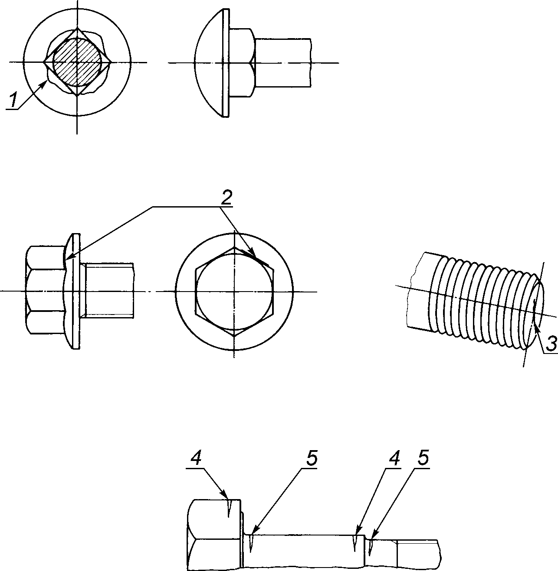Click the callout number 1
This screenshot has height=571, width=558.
click(x=13, y=100)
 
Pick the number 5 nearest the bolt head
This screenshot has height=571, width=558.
click(x=312, y=457)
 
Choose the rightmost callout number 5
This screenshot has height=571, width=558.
click(x=423, y=457)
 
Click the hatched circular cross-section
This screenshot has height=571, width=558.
click(x=77, y=62)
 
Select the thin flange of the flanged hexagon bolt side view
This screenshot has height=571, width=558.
click(x=76, y=291)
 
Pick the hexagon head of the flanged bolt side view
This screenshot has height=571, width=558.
click(x=45, y=290)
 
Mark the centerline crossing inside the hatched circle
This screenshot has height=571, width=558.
click(x=77, y=62)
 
